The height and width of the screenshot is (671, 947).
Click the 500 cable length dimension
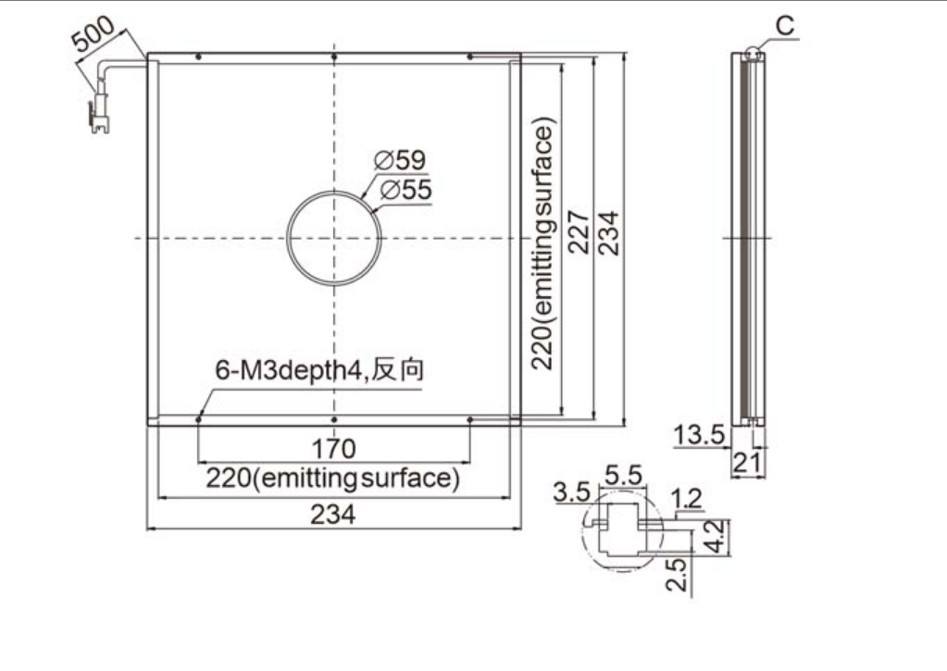pos(93,33)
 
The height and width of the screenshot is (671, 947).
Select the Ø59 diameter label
pos(400,160)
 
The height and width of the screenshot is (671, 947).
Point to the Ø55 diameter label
pos(405,190)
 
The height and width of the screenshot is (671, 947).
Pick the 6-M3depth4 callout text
pos(319,369)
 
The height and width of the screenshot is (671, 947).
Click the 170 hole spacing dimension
pos(333,450)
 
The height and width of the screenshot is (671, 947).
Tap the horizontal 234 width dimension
pos(333,516)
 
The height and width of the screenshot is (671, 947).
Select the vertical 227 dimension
pos(578,232)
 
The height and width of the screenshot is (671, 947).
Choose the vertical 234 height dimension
pos(608,233)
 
